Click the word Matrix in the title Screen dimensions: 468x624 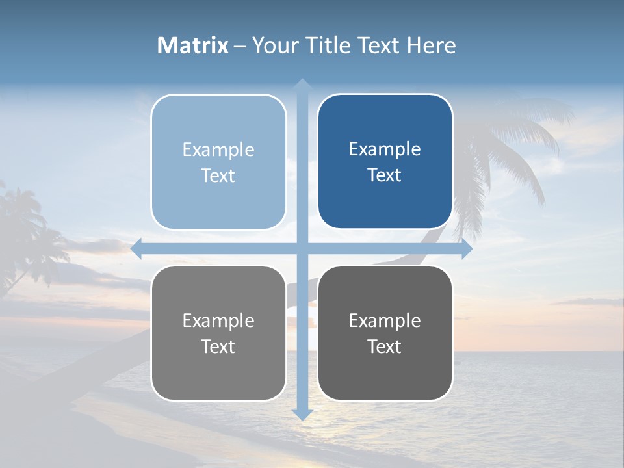193,45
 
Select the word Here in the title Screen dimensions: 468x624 431,45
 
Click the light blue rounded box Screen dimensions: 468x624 218,162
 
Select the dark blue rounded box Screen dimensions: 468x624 385,162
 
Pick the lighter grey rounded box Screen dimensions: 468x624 218,333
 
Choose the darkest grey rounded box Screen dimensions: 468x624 385,333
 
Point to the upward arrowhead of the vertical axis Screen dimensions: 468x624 302,84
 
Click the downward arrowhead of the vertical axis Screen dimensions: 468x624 302,414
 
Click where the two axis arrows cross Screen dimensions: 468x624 302,249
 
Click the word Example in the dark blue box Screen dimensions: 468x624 385,149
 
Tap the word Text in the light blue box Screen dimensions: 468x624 218,175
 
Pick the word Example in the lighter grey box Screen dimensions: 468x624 218,320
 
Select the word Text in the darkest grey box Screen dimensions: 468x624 385,346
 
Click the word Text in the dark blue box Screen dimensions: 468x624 385,175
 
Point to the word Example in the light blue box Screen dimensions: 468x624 218,149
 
